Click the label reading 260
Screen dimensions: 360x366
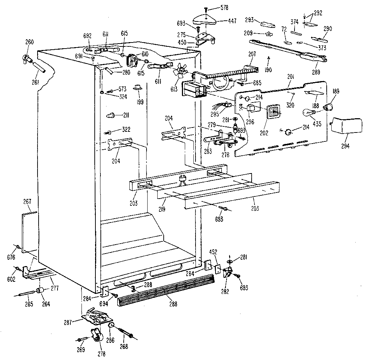29,42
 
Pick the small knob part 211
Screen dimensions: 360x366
111,115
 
